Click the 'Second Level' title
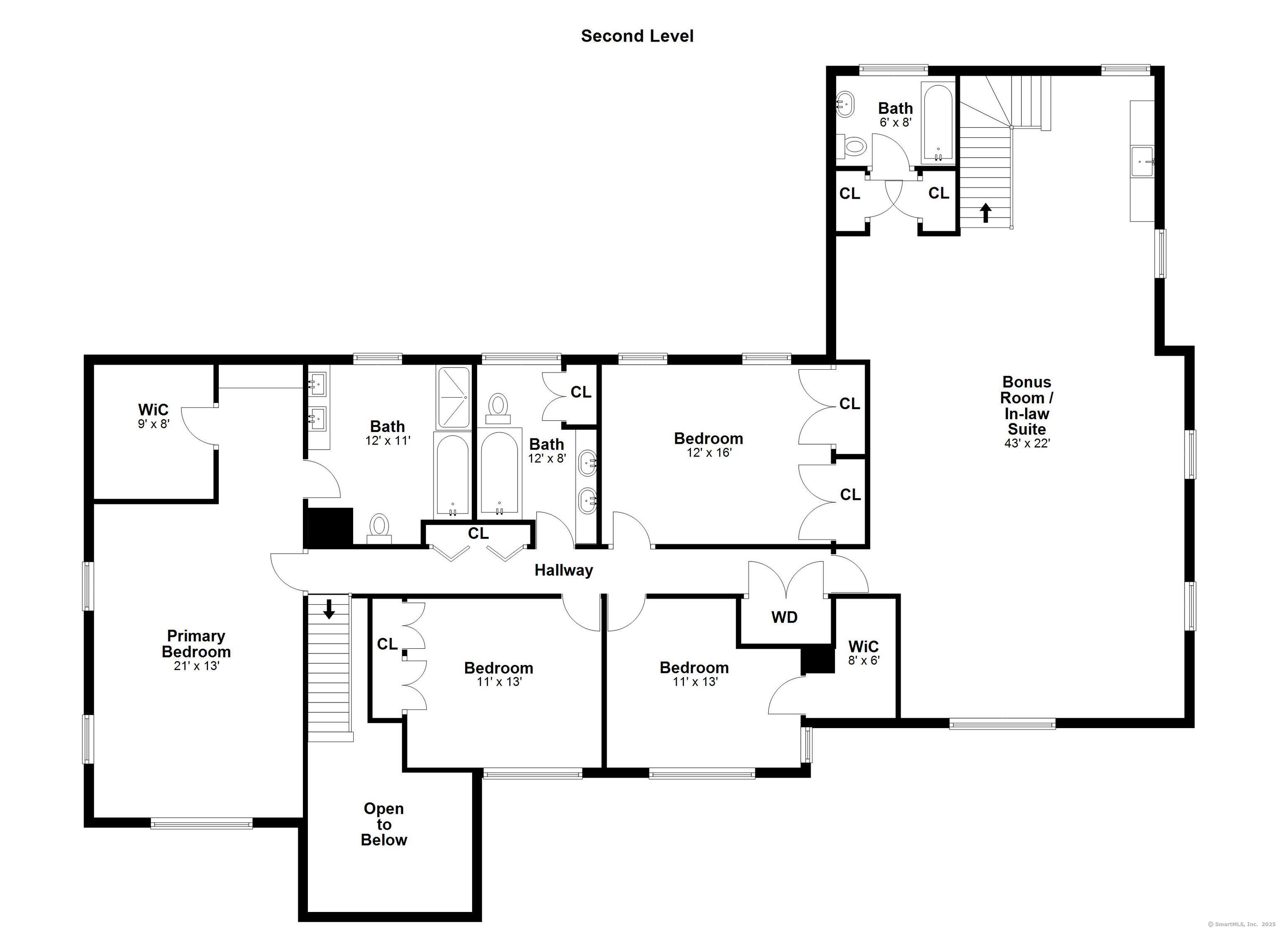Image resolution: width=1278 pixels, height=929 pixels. [637, 36]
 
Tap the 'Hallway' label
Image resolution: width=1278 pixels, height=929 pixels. [563, 571]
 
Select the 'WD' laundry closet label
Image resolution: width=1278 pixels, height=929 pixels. [784, 618]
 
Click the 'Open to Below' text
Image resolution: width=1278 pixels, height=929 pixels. [384, 824]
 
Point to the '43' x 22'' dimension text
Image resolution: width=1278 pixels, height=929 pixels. [1027, 443]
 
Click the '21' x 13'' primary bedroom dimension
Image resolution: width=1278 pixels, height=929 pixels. [196, 666]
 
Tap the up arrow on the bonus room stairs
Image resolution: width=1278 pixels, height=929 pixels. [986, 213]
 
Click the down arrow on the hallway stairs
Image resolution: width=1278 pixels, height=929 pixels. [329, 609]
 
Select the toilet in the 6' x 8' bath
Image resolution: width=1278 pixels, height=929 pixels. [851, 146]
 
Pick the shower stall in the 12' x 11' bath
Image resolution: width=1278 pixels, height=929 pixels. [453, 398]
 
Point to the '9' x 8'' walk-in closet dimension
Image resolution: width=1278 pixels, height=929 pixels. [153, 424]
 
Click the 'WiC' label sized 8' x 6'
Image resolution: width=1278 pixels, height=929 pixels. [863, 646]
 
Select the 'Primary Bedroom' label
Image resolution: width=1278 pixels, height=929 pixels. [196, 644]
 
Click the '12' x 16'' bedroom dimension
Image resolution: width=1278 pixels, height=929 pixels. [709, 452]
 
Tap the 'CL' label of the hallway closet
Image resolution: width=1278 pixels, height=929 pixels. [478, 533]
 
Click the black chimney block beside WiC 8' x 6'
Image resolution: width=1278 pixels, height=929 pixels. [818, 660]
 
